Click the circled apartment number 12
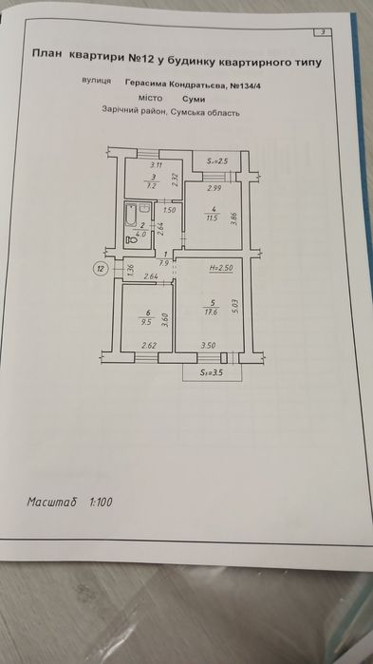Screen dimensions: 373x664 pyautogui.click(x=101, y=268)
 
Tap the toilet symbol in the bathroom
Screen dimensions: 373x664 pyautogui.click(x=130, y=239)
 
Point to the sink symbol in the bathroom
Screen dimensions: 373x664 pyautogui.click(x=144, y=208)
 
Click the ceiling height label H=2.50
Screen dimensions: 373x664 pyautogui.click(x=221, y=268)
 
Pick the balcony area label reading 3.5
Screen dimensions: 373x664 pyautogui.click(x=212, y=373)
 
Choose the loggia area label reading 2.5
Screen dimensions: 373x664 pyautogui.click(x=217, y=161)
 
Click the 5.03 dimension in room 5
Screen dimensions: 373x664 pyautogui.click(x=235, y=306)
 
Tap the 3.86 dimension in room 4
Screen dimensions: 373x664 pyautogui.click(x=234, y=218)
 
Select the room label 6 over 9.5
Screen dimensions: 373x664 pyautogui.click(x=148, y=317)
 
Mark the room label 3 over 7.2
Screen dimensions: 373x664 pyautogui.click(x=150, y=182)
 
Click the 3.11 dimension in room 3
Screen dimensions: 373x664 pyautogui.click(x=157, y=165)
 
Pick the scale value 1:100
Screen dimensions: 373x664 pyautogui.click(x=101, y=503)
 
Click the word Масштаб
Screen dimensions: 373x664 pyautogui.click(x=51, y=502)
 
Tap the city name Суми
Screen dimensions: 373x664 pyautogui.click(x=194, y=100)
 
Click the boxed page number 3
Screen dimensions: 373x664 pyautogui.click(x=323, y=32)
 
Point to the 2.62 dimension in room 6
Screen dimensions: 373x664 pyautogui.click(x=148, y=346)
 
